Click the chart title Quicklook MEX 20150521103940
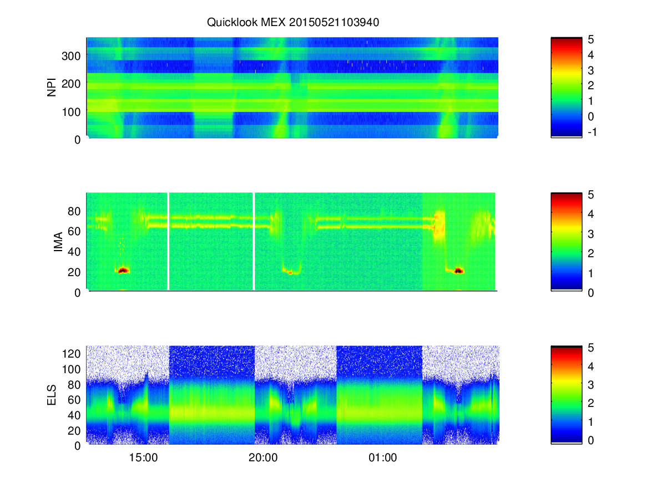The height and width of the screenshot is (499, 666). point(293,22)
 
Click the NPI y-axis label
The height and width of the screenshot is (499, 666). point(52,88)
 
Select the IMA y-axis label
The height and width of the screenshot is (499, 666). point(58,242)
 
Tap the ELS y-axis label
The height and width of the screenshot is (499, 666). point(52,395)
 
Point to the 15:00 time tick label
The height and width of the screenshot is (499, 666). point(143,458)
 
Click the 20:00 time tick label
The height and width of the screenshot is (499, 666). point(263,458)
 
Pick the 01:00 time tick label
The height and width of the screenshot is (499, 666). point(382,458)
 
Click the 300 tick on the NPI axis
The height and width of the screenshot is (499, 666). point(71,56)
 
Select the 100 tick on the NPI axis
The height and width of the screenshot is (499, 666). point(71,112)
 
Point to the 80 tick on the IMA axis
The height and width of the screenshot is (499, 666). point(74,211)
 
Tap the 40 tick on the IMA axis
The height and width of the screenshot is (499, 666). point(74,252)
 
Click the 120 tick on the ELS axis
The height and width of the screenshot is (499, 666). point(71,354)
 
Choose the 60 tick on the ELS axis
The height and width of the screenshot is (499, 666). point(74,400)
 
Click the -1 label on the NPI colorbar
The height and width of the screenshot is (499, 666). point(592,132)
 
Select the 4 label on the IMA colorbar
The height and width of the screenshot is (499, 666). point(591,214)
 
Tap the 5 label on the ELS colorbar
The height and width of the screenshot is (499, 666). point(591,348)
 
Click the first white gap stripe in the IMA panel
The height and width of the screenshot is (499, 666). point(168,241)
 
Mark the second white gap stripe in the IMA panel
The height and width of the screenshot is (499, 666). point(254,241)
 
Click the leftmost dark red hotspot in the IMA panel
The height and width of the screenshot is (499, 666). point(123,271)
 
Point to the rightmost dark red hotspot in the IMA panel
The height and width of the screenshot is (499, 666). point(459,271)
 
